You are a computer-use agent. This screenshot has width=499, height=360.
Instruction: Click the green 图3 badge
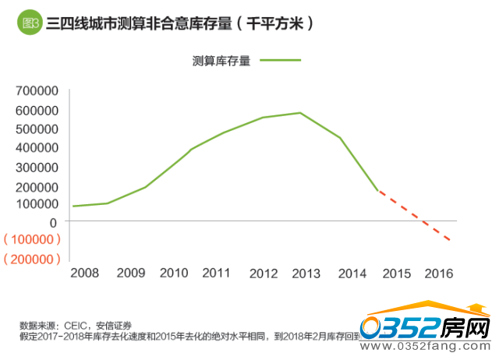(x=30, y=23)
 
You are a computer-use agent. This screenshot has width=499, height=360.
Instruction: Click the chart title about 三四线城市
(x=180, y=23)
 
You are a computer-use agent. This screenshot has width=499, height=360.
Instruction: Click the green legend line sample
(x=280, y=60)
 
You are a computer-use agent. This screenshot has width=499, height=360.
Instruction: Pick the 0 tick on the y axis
(x=54, y=222)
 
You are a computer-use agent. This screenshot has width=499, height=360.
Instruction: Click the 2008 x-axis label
(x=84, y=274)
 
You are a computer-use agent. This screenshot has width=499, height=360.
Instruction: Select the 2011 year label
(x=216, y=274)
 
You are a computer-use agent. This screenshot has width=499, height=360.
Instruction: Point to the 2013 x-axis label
(x=306, y=274)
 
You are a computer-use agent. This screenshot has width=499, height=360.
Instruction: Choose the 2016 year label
(x=440, y=274)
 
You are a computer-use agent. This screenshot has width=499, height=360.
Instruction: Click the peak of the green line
(x=300, y=113)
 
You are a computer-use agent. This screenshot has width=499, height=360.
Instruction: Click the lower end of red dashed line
(x=450, y=240)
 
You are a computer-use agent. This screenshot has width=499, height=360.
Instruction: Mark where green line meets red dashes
(x=378, y=190)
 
